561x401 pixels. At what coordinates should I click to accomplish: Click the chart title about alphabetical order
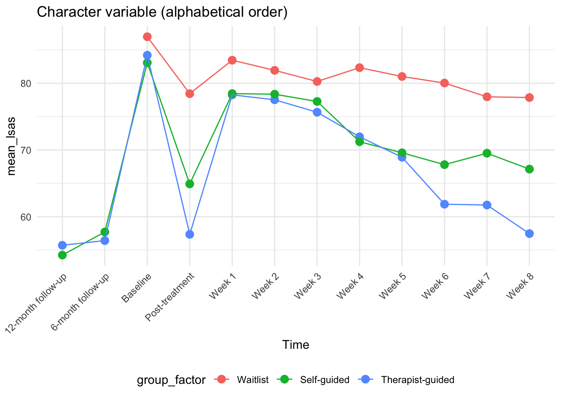(x=162, y=12)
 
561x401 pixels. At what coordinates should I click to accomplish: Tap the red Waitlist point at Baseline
(x=147, y=37)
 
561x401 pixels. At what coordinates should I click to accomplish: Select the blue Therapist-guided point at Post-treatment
(x=190, y=234)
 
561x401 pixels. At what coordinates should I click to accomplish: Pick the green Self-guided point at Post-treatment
(x=190, y=184)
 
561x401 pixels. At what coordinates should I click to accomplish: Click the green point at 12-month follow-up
(x=62, y=255)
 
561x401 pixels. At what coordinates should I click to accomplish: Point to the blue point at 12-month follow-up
(x=62, y=245)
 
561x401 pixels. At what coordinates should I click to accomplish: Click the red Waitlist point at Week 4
(x=359, y=68)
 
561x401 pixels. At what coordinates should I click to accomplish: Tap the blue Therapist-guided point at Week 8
(x=529, y=233)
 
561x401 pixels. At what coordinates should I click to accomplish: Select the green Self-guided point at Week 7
(x=487, y=153)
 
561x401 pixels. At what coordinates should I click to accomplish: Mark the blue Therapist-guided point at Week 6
(x=444, y=204)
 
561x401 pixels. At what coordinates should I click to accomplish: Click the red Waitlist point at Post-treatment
(x=190, y=94)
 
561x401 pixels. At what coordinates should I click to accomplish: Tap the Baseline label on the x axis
(x=136, y=288)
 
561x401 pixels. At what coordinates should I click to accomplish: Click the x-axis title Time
(x=296, y=345)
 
